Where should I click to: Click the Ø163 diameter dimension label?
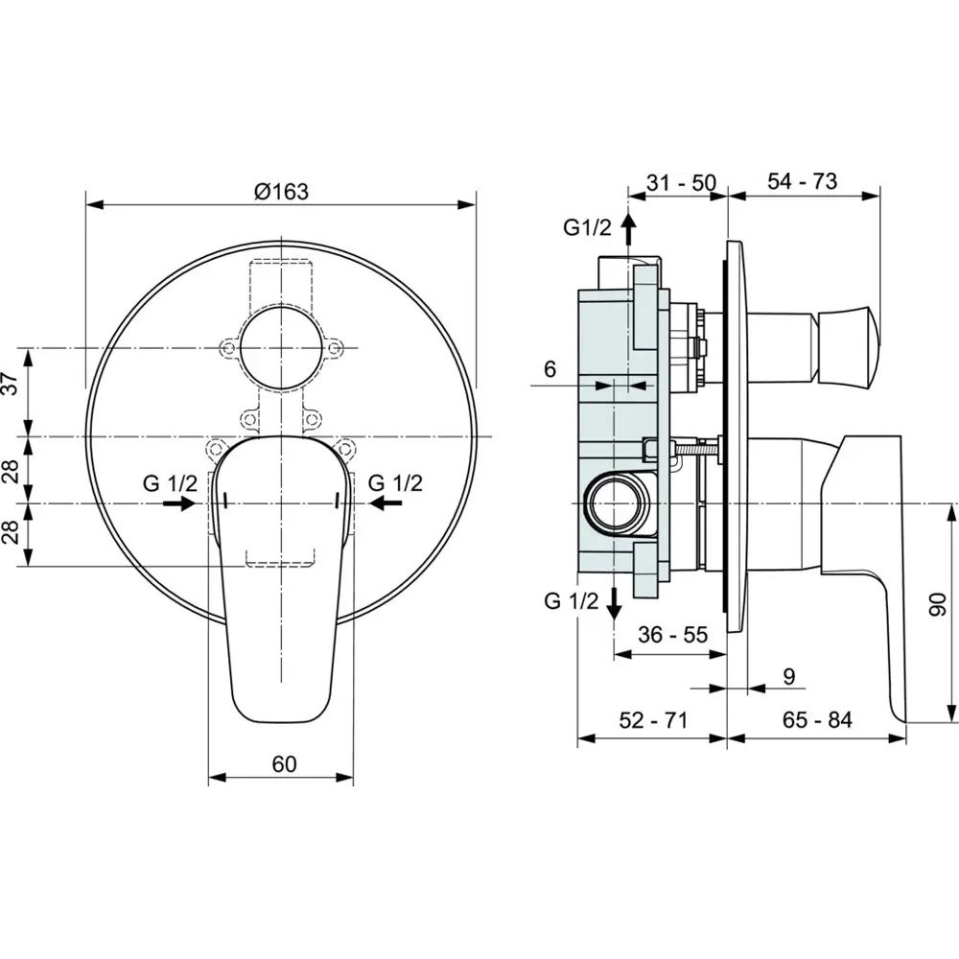point(281,191)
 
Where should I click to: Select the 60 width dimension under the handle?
point(284,763)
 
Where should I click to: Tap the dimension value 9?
point(788,676)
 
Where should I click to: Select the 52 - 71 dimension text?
point(652,720)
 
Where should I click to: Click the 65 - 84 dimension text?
point(816,720)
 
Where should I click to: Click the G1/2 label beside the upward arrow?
point(587,229)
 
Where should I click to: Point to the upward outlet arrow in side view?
point(628,231)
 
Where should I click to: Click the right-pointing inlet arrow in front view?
point(179,503)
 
